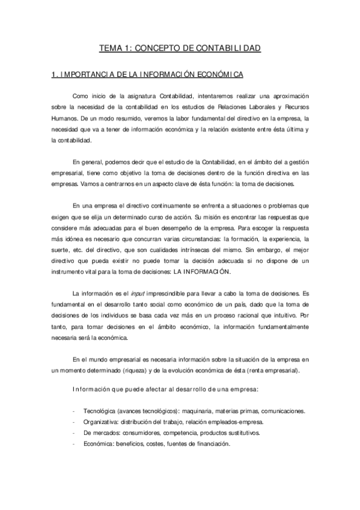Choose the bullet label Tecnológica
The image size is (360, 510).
point(99,411)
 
